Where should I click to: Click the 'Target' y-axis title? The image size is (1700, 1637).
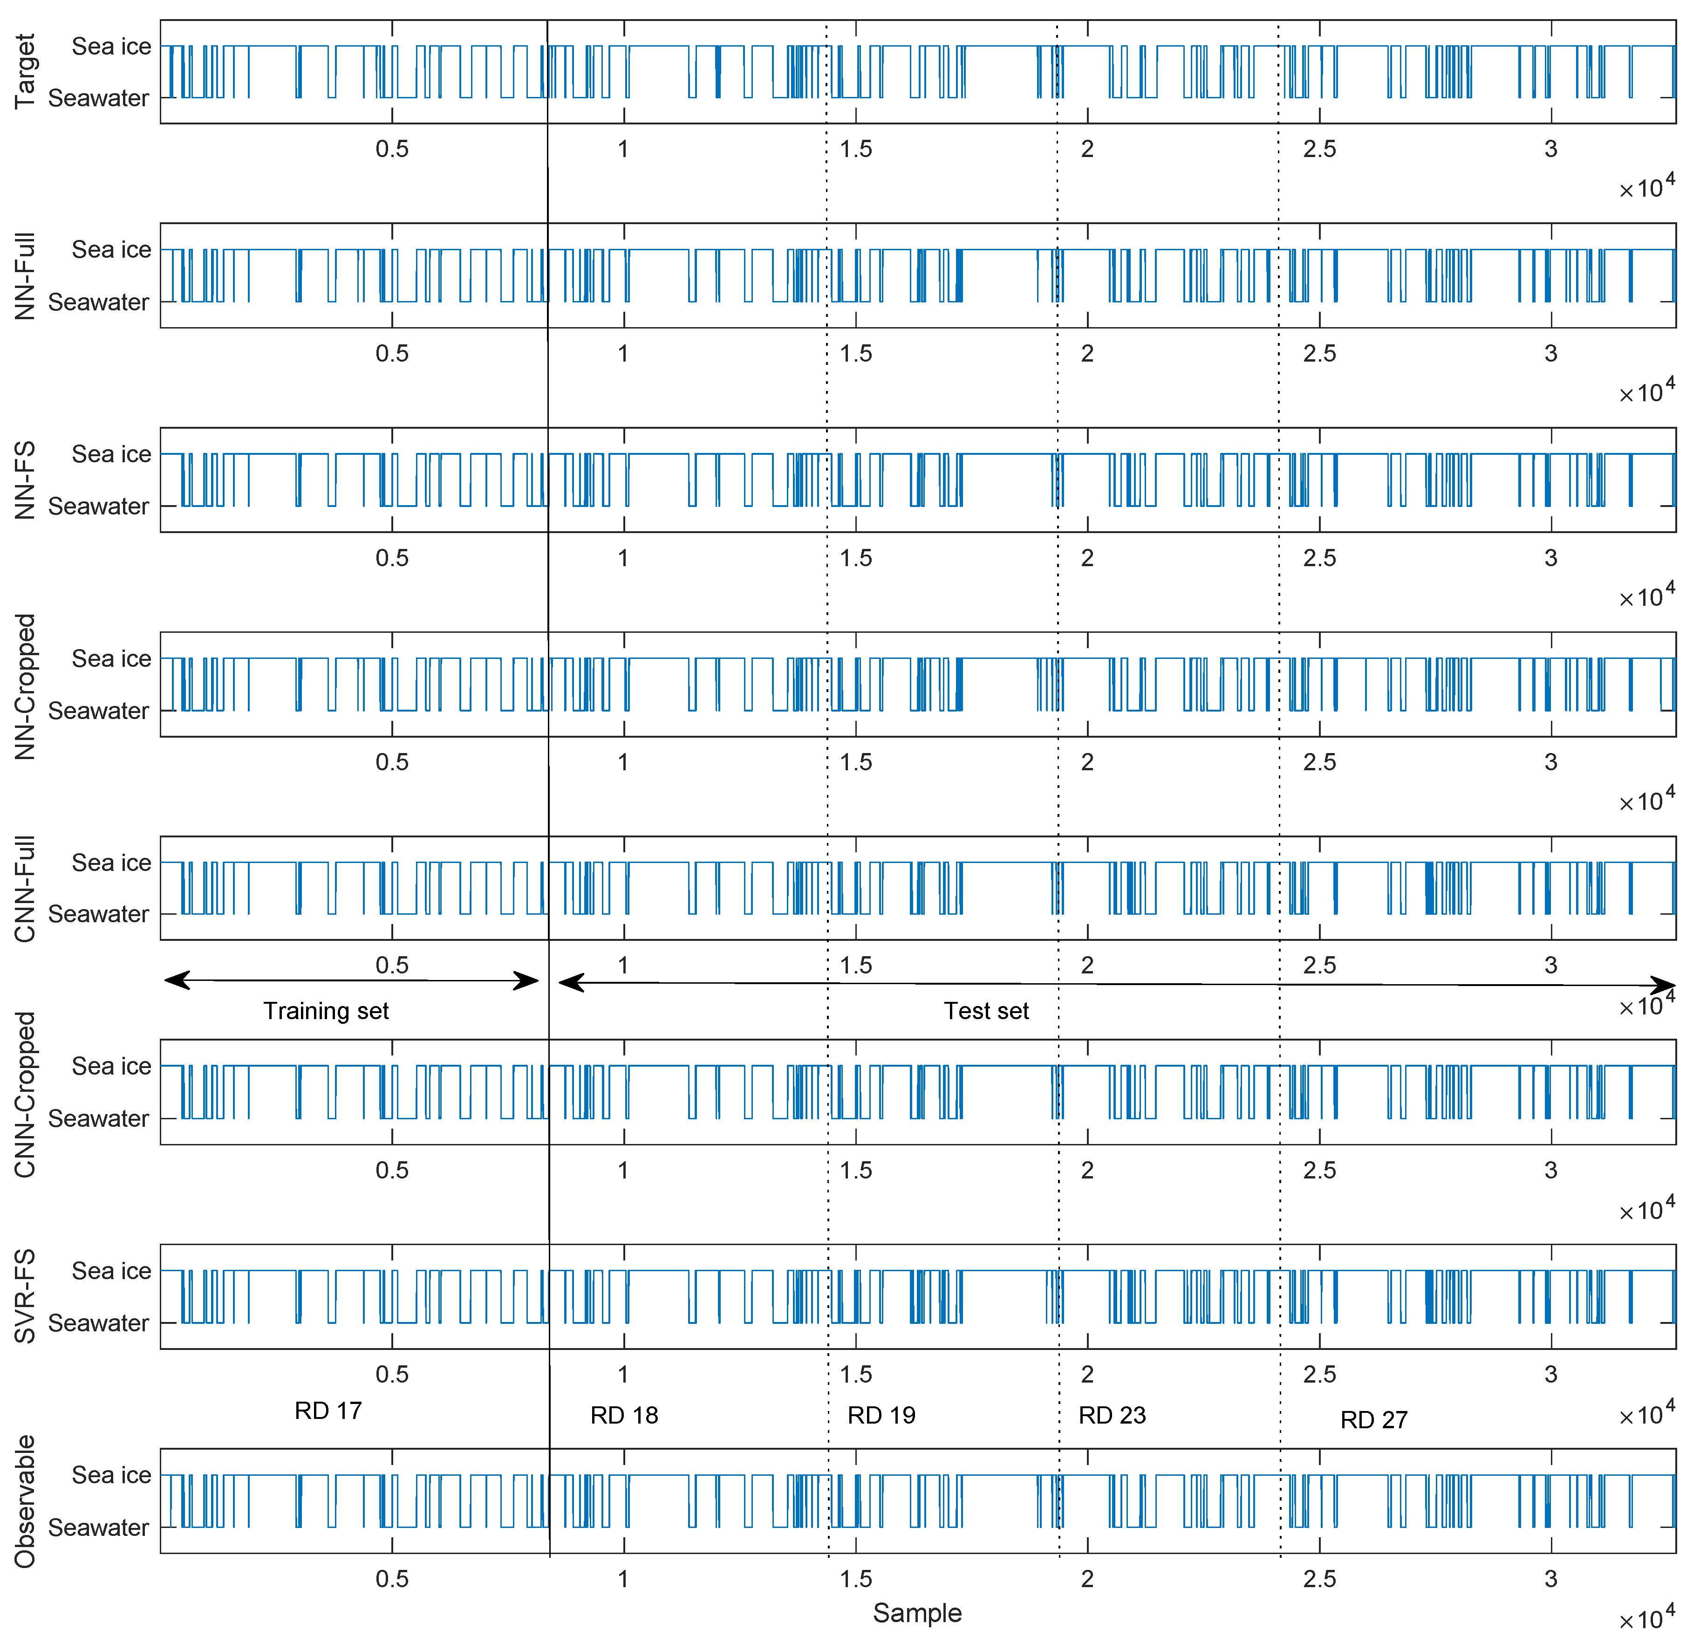[25, 71]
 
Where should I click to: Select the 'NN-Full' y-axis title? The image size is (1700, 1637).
[25, 276]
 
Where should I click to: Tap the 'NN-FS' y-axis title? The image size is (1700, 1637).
[25, 480]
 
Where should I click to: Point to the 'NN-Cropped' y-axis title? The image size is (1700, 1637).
[25, 686]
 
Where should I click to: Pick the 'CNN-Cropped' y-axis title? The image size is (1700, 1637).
[25, 1094]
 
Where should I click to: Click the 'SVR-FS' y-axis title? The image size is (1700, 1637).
[25, 1296]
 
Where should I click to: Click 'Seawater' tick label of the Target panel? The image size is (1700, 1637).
[98, 98]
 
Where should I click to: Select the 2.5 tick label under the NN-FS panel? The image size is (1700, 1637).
[1319, 558]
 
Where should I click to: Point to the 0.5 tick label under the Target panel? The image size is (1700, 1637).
[392, 149]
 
